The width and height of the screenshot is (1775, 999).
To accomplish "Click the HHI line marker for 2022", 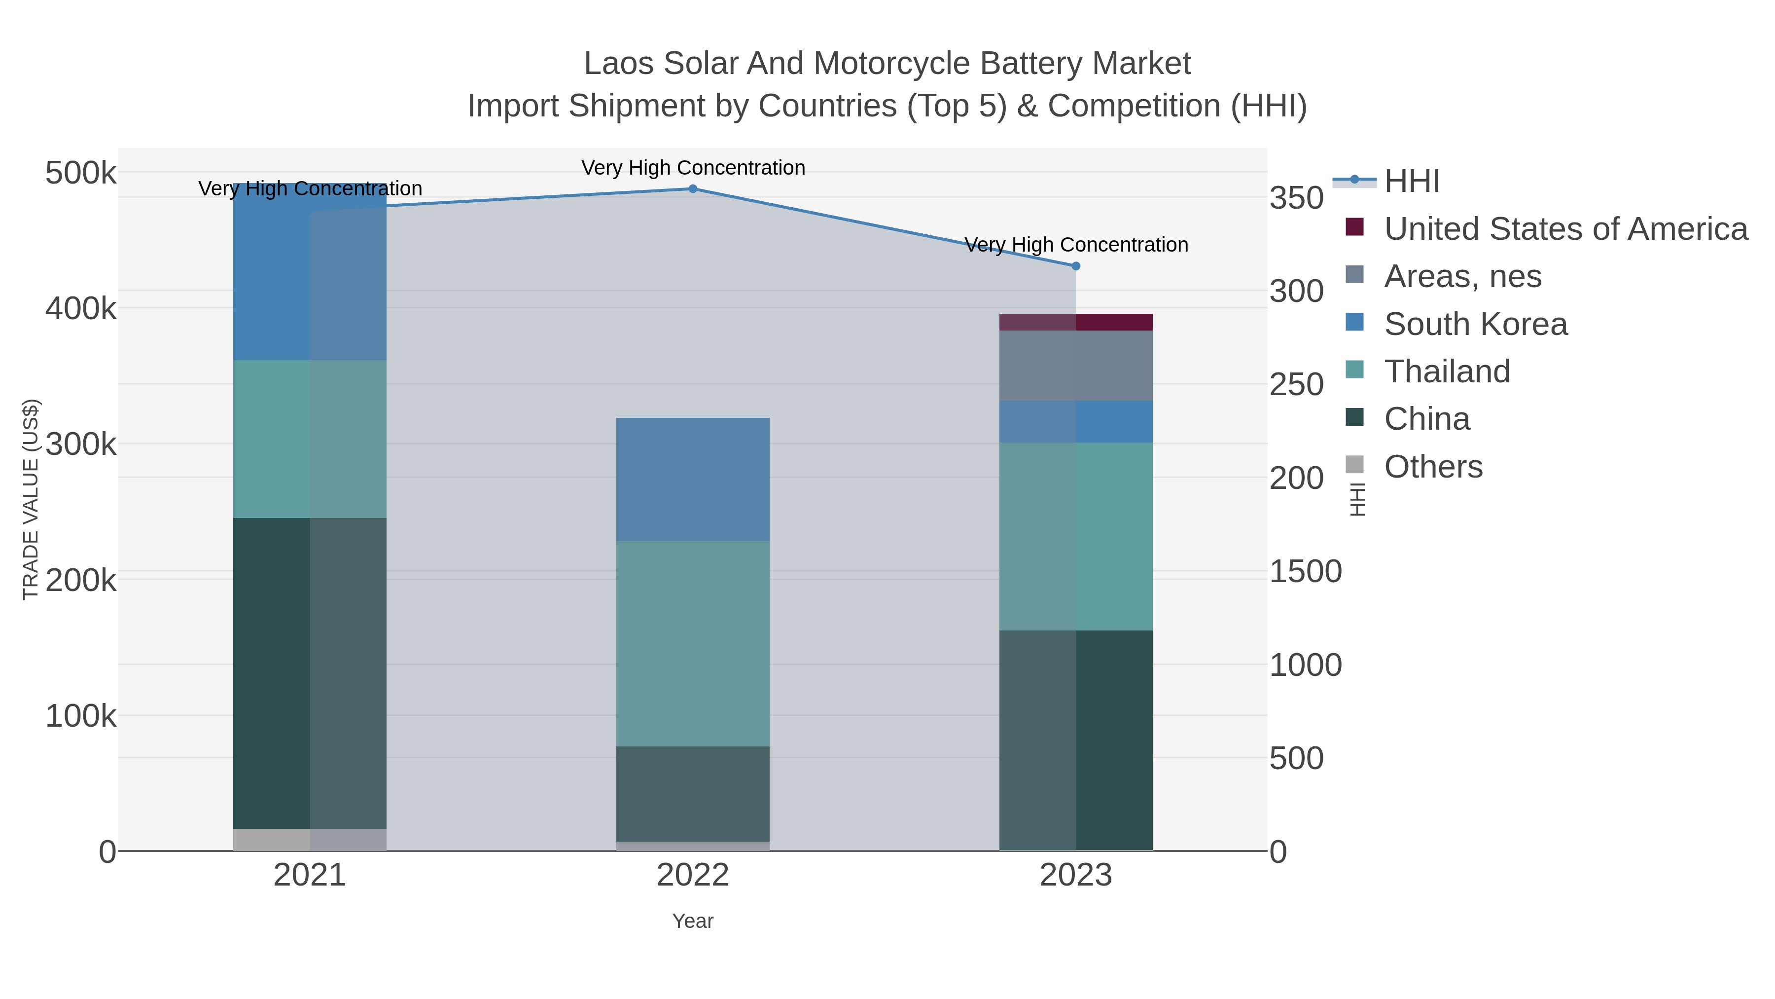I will click(x=693, y=189).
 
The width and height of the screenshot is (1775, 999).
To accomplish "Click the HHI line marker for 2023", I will click(x=1076, y=266).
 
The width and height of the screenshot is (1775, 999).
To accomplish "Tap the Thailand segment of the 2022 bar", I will click(x=693, y=643).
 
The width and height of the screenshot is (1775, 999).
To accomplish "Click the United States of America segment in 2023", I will click(x=1076, y=322).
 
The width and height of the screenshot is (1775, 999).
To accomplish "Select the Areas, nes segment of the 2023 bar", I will click(x=1076, y=366).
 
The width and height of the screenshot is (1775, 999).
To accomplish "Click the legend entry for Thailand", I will click(x=1447, y=371).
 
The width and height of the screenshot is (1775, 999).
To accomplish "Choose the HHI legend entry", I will click(x=1411, y=182).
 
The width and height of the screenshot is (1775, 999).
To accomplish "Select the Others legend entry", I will click(x=1433, y=467).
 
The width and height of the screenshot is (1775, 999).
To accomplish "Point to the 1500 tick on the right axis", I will click(x=1305, y=572).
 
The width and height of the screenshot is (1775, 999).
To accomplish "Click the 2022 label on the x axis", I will click(x=693, y=876).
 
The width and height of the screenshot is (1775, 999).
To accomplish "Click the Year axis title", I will click(x=693, y=921).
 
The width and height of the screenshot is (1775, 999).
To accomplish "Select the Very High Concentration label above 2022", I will click(x=693, y=168).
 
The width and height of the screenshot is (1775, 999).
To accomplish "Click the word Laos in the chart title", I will click(x=618, y=64).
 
